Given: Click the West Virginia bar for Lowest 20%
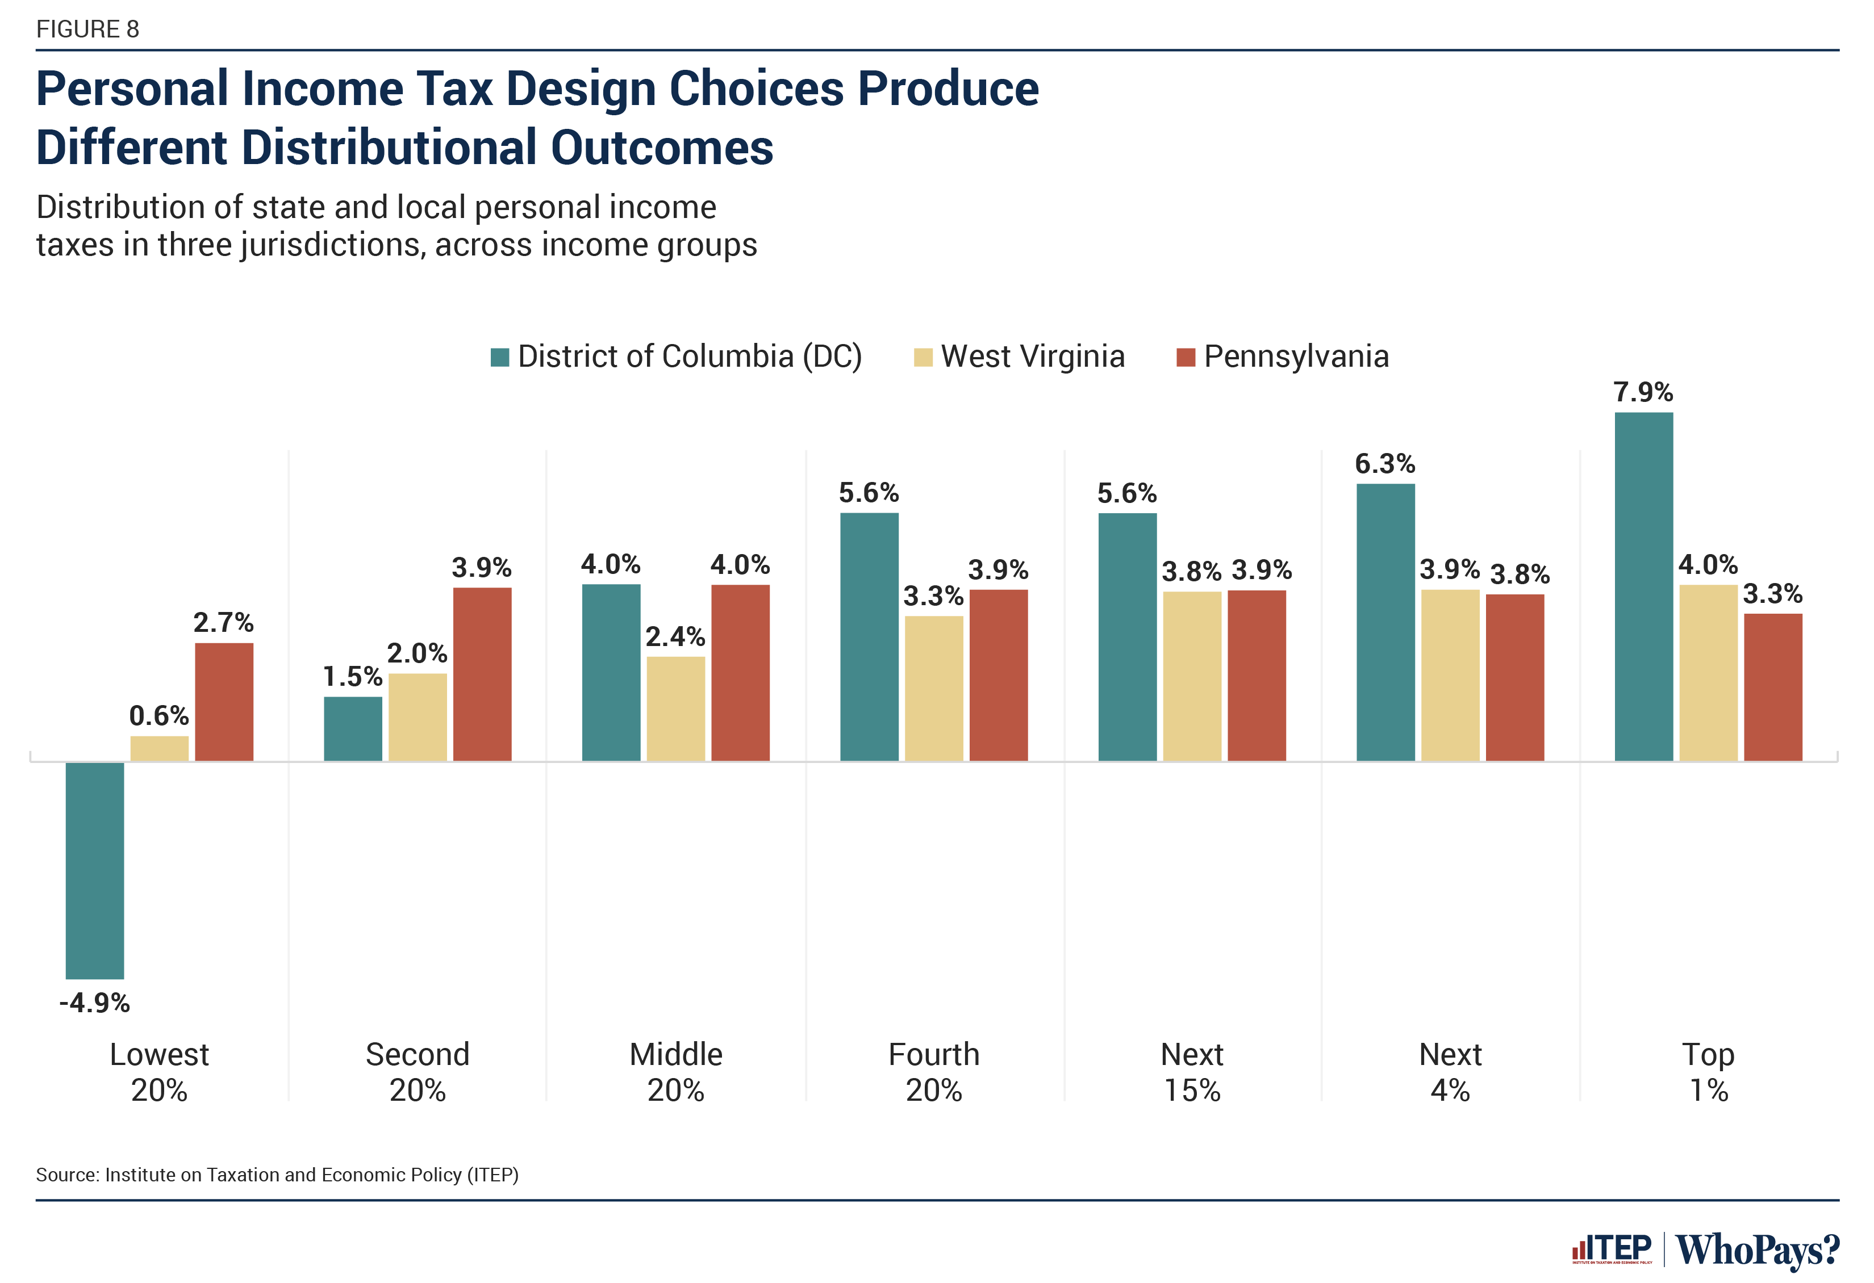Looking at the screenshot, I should coord(159,748).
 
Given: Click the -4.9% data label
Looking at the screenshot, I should coord(94,1003).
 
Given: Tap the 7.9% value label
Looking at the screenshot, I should coord(1643,392).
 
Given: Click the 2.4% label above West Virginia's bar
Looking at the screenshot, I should coord(675,636).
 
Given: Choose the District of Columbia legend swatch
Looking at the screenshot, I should coord(500,357).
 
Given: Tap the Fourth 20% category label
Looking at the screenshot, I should coord(934,1072).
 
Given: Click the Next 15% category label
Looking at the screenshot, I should coord(1192,1072).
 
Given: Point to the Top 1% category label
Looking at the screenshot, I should coord(1708,1072).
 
